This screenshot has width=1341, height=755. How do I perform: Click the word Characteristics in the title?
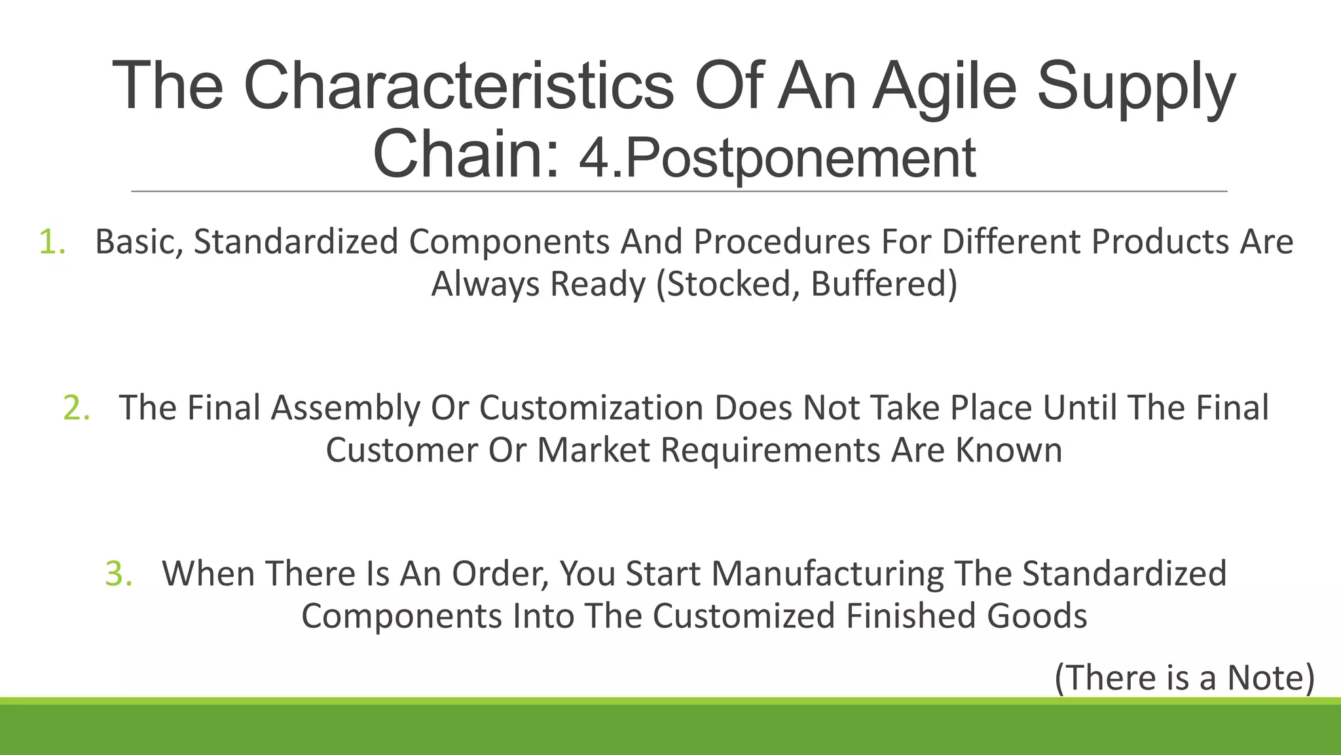point(458,87)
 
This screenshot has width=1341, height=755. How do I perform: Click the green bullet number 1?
point(52,242)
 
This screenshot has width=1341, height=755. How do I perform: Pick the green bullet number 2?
point(77,408)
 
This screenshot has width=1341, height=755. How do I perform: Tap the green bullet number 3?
point(119,573)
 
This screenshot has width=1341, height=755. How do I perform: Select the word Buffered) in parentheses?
point(884,284)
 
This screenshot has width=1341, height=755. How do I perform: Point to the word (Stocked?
point(727,284)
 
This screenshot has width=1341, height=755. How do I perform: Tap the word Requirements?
point(770,450)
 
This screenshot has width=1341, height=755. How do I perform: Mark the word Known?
point(1008,450)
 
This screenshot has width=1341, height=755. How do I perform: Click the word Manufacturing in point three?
point(828,573)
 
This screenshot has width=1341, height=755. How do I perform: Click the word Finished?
point(911,616)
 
